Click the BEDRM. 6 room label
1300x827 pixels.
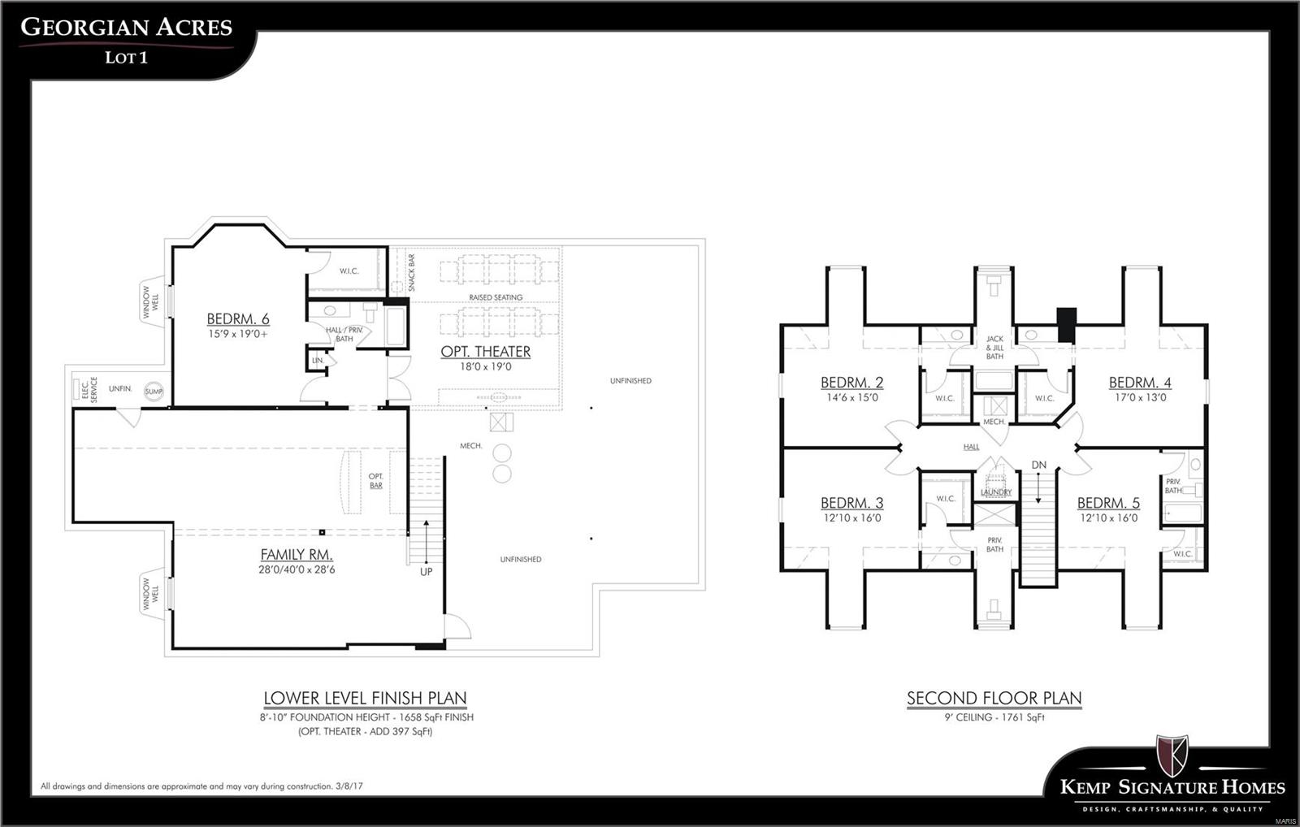pyautogui.click(x=237, y=319)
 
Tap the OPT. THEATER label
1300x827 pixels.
pyautogui.click(x=485, y=352)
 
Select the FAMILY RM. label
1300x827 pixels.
pyautogui.click(x=297, y=555)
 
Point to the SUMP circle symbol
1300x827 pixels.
pyautogui.click(x=154, y=392)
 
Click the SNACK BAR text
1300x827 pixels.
pyautogui.click(x=411, y=273)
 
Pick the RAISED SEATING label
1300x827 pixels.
pyautogui.click(x=496, y=297)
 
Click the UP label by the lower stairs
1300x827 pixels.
pyautogui.click(x=427, y=572)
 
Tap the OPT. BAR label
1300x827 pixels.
pyautogui.click(x=375, y=481)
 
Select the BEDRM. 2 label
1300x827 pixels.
pyautogui.click(x=851, y=383)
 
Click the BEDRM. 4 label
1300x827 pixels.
pyautogui.click(x=1140, y=383)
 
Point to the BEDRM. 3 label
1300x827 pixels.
pyautogui.click(x=851, y=503)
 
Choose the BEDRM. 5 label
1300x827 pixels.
pyautogui.click(x=1108, y=503)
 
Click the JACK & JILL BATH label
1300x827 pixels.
pyautogui.click(x=994, y=348)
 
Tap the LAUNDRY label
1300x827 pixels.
pyautogui.click(x=996, y=492)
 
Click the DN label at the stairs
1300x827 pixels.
pyautogui.click(x=1039, y=465)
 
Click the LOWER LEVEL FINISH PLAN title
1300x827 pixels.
pyautogui.click(x=365, y=698)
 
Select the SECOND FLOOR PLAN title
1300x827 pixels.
pyautogui.click(x=994, y=698)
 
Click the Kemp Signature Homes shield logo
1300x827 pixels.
pyautogui.click(x=1172, y=756)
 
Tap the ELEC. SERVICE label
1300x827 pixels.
pyautogui.click(x=89, y=389)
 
